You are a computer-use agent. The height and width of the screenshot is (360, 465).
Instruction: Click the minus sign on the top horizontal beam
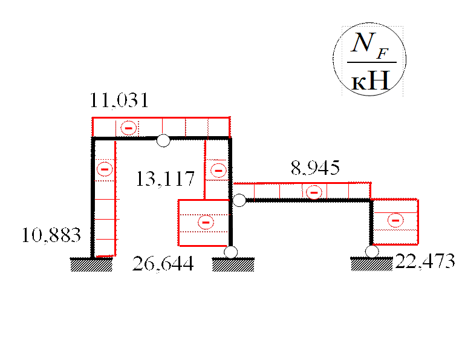pyautogui.click(x=128, y=128)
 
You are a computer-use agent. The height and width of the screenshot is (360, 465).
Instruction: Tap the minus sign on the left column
pyautogui.click(x=104, y=169)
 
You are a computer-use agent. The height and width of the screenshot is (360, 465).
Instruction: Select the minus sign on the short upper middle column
pyautogui.click(x=218, y=171)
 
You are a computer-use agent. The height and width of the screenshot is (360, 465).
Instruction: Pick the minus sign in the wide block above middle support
pyautogui.click(x=206, y=222)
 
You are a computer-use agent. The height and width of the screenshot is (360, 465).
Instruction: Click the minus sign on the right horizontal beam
pyautogui.click(x=313, y=192)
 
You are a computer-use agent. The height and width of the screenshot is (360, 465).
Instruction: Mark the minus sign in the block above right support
pyautogui.click(x=395, y=221)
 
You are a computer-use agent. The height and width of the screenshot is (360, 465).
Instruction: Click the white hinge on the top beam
pyautogui.click(x=163, y=141)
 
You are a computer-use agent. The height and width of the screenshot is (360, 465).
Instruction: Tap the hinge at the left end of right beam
pyautogui.click(x=239, y=200)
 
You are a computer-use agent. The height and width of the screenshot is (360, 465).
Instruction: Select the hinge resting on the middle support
pyautogui.click(x=230, y=252)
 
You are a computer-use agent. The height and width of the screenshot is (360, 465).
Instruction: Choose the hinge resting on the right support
pyautogui.click(x=372, y=251)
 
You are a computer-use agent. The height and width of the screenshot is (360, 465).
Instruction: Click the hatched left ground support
pyautogui.click(x=91, y=265)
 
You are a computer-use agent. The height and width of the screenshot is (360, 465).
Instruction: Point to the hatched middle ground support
pyautogui.click(x=233, y=265)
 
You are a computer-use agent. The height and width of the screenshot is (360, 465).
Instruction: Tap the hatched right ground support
pyautogui.click(x=372, y=264)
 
